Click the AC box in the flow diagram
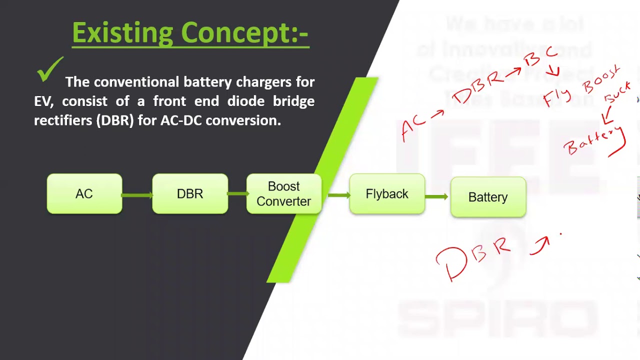pyautogui.click(x=84, y=194)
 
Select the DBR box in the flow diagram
pyautogui.click(x=190, y=194)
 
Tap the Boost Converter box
pyautogui.click(x=283, y=194)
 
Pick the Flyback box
pyautogui.click(x=387, y=194)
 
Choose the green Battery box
pyautogui.click(x=488, y=197)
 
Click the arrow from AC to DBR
pyautogui.click(x=137, y=194)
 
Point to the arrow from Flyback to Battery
pyautogui.click(x=437, y=196)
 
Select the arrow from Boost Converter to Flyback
pyautogui.click(x=338, y=195)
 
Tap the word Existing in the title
pyautogui.click(x=122, y=33)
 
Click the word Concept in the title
pyautogui.click(x=232, y=33)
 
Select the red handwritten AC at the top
pyautogui.click(x=413, y=127)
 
